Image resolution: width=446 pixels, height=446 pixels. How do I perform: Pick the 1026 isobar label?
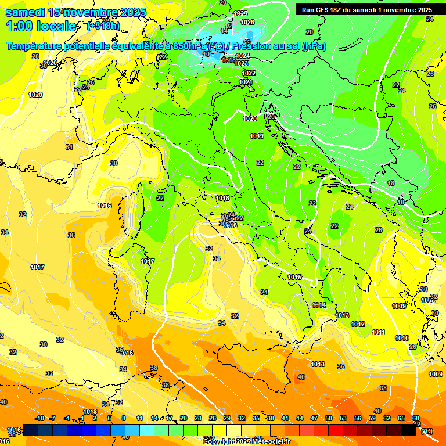[x=247, y=22]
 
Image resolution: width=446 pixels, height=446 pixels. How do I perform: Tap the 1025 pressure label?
[x=240, y=13]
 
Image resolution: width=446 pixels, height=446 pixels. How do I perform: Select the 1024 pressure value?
[x=243, y=56]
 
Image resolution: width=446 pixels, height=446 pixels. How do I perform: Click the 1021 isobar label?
[x=246, y=82]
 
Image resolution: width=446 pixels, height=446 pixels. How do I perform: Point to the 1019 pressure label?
[x=257, y=136]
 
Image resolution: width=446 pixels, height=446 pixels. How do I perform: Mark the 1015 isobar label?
[x=294, y=277]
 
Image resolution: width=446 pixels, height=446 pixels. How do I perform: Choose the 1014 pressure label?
[x=319, y=305]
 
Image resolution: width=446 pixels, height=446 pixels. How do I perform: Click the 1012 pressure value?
[x=358, y=324]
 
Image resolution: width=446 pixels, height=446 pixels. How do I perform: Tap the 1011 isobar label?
[x=378, y=332]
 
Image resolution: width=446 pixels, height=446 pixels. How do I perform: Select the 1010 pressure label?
[x=401, y=338]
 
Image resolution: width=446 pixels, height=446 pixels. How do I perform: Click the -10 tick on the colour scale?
[x=39, y=418]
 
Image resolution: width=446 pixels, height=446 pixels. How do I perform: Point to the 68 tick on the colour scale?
[x=416, y=418]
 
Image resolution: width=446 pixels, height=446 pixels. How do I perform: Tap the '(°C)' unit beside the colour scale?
[x=427, y=431]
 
